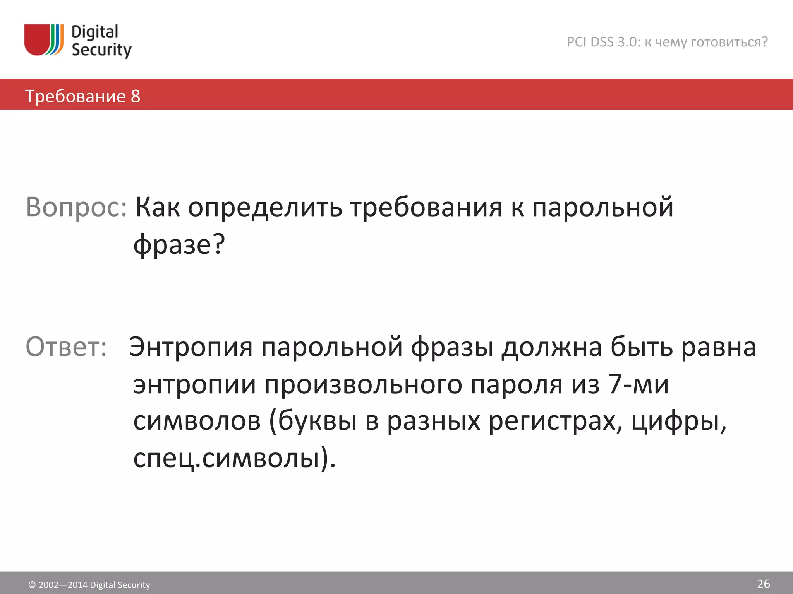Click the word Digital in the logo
tap(95, 32)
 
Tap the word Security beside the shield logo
tap(101, 50)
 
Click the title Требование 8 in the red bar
tap(82, 96)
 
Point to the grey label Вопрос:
tap(76, 207)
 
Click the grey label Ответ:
tap(66, 346)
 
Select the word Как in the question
tap(157, 207)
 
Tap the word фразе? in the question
tap(179, 244)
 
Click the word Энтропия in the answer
tap(191, 346)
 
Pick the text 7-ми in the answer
tap(638, 384)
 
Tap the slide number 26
tap(763, 584)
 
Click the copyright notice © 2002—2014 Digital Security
tap(89, 585)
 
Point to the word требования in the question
tap(426, 207)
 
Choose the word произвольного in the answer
tap(364, 384)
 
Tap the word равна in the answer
tap(718, 346)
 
